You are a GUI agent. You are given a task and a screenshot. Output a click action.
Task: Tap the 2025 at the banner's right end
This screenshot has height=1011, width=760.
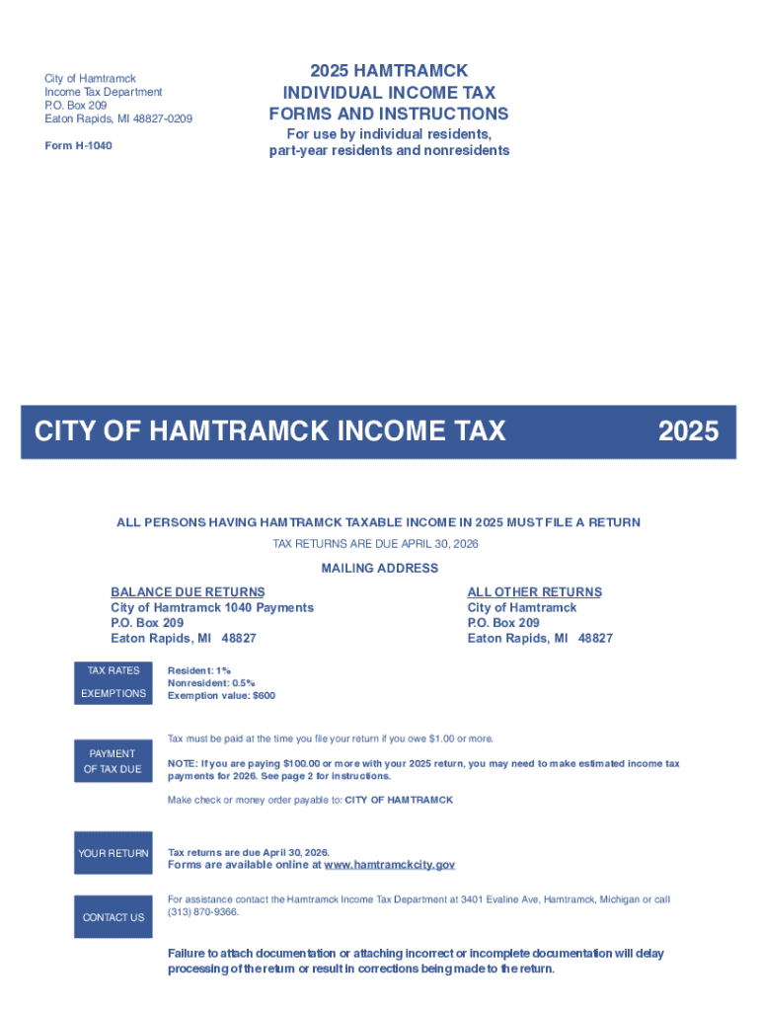click(688, 431)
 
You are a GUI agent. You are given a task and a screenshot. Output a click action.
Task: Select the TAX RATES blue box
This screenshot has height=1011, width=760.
click(114, 671)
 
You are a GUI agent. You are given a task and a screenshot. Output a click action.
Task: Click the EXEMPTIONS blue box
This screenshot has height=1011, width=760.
click(114, 694)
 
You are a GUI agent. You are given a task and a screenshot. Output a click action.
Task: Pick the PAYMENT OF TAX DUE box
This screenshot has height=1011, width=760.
click(114, 761)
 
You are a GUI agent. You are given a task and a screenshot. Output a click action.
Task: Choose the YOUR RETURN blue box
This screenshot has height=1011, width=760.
click(114, 854)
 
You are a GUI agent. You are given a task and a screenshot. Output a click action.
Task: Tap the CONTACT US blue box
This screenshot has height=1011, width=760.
click(114, 917)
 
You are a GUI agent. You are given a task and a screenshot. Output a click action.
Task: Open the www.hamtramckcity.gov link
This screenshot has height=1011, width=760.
click(389, 865)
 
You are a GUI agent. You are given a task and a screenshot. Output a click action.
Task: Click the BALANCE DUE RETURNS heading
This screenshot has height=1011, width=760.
click(188, 592)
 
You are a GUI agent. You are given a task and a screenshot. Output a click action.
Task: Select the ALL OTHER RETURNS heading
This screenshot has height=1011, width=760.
click(534, 592)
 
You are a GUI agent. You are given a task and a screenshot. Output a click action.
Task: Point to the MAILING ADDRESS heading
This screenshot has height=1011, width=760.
click(380, 569)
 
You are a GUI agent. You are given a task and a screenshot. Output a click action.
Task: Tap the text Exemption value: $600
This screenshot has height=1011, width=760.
click(221, 696)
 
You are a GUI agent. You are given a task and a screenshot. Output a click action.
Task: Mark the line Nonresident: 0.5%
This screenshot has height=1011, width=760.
click(211, 683)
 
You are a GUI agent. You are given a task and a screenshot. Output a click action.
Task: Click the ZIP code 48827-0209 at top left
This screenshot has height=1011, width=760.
click(155, 119)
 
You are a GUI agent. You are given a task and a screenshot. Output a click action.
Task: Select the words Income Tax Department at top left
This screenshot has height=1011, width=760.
click(104, 92)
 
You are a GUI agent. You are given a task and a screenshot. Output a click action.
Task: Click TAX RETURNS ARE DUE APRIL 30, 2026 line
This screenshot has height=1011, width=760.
click(379, 545)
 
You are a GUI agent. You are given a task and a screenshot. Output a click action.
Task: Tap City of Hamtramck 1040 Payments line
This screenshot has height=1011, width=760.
click(212, 608)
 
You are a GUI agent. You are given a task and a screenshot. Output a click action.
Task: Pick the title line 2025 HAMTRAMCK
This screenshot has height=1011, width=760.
click(389, 71)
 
